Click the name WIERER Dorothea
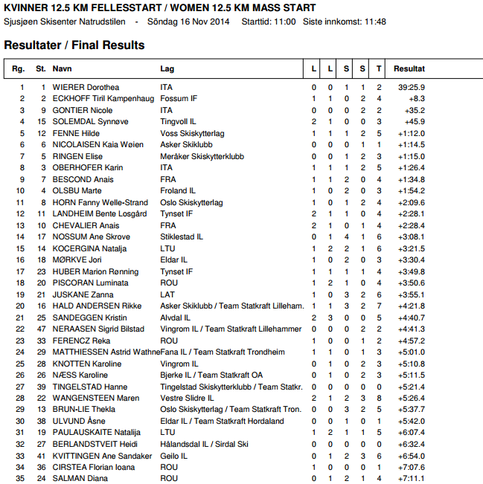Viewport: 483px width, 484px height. pos(86,87)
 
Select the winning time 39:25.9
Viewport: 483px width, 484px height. pos(412,87)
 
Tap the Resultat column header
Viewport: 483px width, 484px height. pos(409,68)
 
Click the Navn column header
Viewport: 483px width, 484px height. pos(62,68)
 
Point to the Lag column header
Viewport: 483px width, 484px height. pos(167,68)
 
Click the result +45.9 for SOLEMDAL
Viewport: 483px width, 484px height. pos(415,122)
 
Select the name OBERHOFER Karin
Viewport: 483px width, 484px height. pos(88,168)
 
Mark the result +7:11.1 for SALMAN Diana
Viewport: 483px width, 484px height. pos(412,479)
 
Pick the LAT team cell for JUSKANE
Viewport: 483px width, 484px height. pos(167,294)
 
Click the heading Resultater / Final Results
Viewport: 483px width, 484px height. pos(74,45)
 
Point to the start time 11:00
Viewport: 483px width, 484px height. pos(286,22)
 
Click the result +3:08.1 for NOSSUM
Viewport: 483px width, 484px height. pos(412,236)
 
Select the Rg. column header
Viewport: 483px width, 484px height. pos(19,68)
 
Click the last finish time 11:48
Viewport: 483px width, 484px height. pos(375,22)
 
